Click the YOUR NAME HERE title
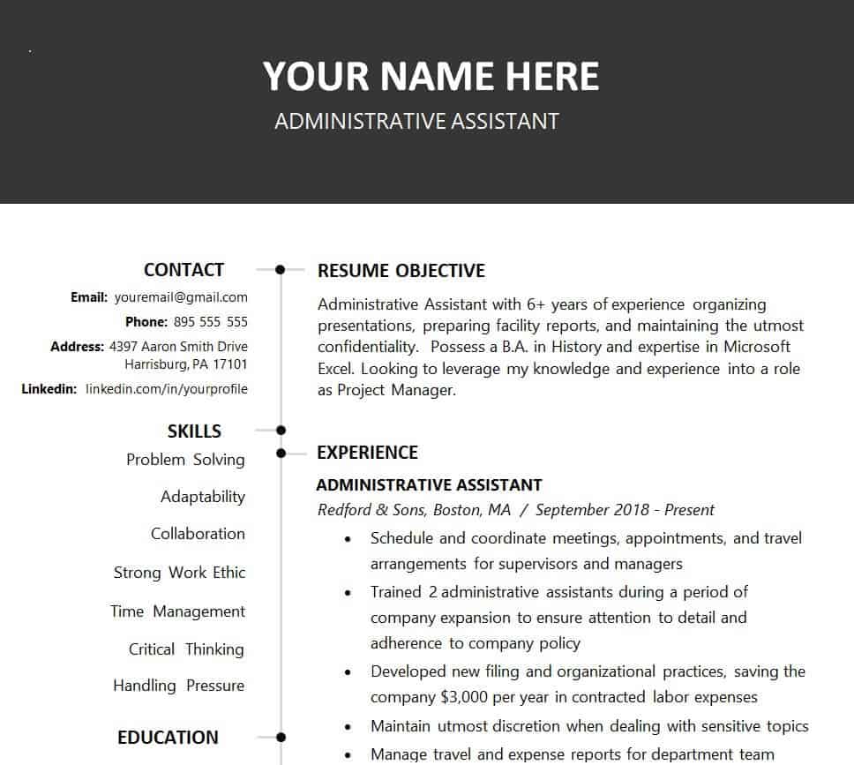(x=431, y=77)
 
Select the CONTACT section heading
(x=184, y=270)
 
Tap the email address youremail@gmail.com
(x=181, y=297)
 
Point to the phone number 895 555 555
(x=211, y=322)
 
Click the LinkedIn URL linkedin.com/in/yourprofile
(x=167, y=389)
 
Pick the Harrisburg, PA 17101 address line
(x=186, y=364)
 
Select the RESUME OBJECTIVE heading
(x=401, y=271)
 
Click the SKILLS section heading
(x=194, y=431)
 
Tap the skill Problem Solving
(x=185, y=460)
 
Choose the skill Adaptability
(x=203, y=497)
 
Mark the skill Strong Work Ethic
(x=179, y=573)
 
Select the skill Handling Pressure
(x=178, y=686)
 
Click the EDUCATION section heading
(x=168, y=738)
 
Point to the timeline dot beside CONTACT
(x=281, y=269)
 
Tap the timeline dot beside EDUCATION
(x=281, y=737)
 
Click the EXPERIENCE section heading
(x=367, y=453)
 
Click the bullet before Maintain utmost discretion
(x=350, y=727)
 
